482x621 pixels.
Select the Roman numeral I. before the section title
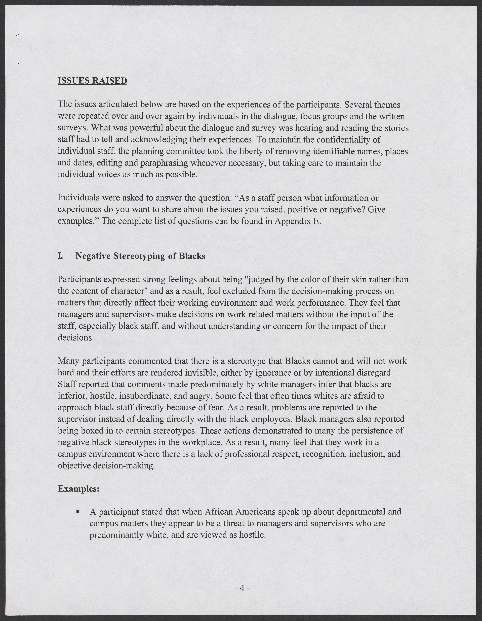60,256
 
